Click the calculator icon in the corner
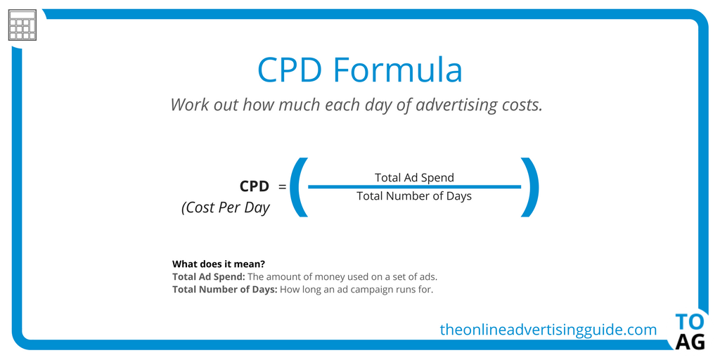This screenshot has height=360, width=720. [22, 27]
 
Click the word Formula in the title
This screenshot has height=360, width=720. [397, 70]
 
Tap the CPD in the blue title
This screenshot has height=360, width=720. [290, 70]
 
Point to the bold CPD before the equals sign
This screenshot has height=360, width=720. [254, 186]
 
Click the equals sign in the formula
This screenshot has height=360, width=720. [283, 187]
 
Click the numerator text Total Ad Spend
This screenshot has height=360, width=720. [414, 177]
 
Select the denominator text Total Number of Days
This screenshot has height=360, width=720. [414, 196]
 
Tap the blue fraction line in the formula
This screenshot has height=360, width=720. [414, 187]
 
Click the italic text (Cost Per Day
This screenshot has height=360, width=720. [225, 208]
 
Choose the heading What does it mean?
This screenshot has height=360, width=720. [218, 264]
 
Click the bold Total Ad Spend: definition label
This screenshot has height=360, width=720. [209, 277]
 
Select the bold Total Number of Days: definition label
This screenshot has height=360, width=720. [225, 289]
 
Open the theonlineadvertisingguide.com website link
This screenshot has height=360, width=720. [548, 329]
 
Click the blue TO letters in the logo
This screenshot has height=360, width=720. [689, 322]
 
